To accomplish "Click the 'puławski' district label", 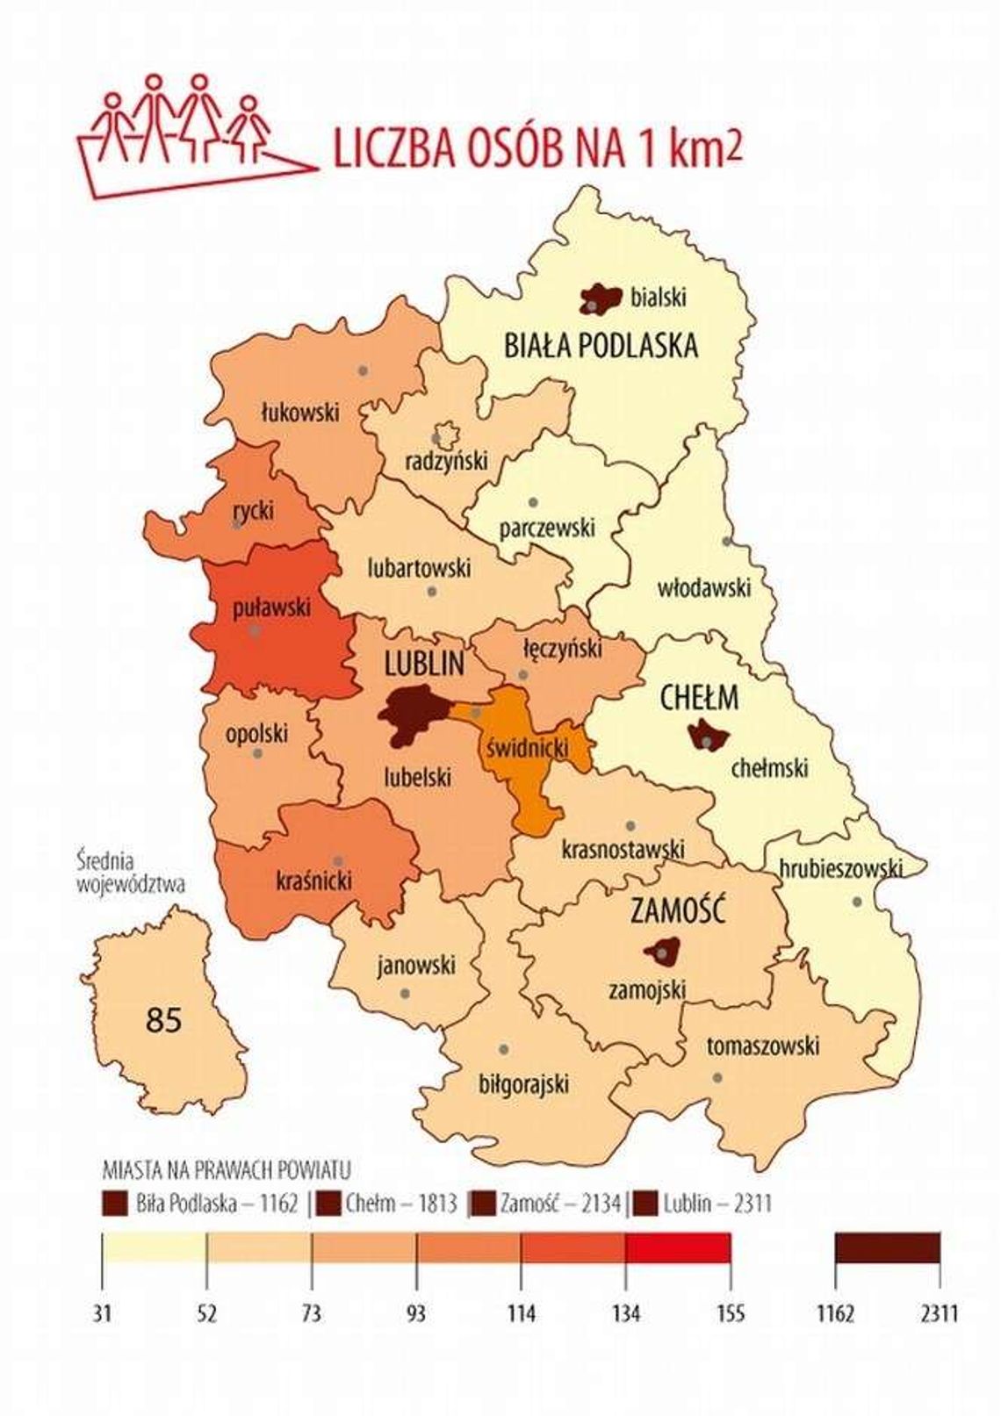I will (x=271, y=607).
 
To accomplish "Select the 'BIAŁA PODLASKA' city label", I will (x=601, y=346).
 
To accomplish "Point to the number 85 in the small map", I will (x=164, y=1020).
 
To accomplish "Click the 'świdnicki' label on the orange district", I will (x=526, y=748).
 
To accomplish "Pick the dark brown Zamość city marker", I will (x=663, y=951).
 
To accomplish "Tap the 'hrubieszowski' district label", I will (x=840, y=868).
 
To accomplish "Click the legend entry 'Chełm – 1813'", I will (x=388, y=1203).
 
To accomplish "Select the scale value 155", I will (x=729, y=1313).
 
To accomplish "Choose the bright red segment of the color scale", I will (x=678, y=1247).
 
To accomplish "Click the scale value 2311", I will (x=940, y=1313).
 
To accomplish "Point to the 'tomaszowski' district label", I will (x=762, y=1046).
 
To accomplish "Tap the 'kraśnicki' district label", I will (x=313, y=880).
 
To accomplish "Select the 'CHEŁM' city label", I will (x=699, y=698).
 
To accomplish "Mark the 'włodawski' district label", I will (x=704, y=587).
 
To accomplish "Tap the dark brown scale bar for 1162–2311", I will (x=887, y=1247).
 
